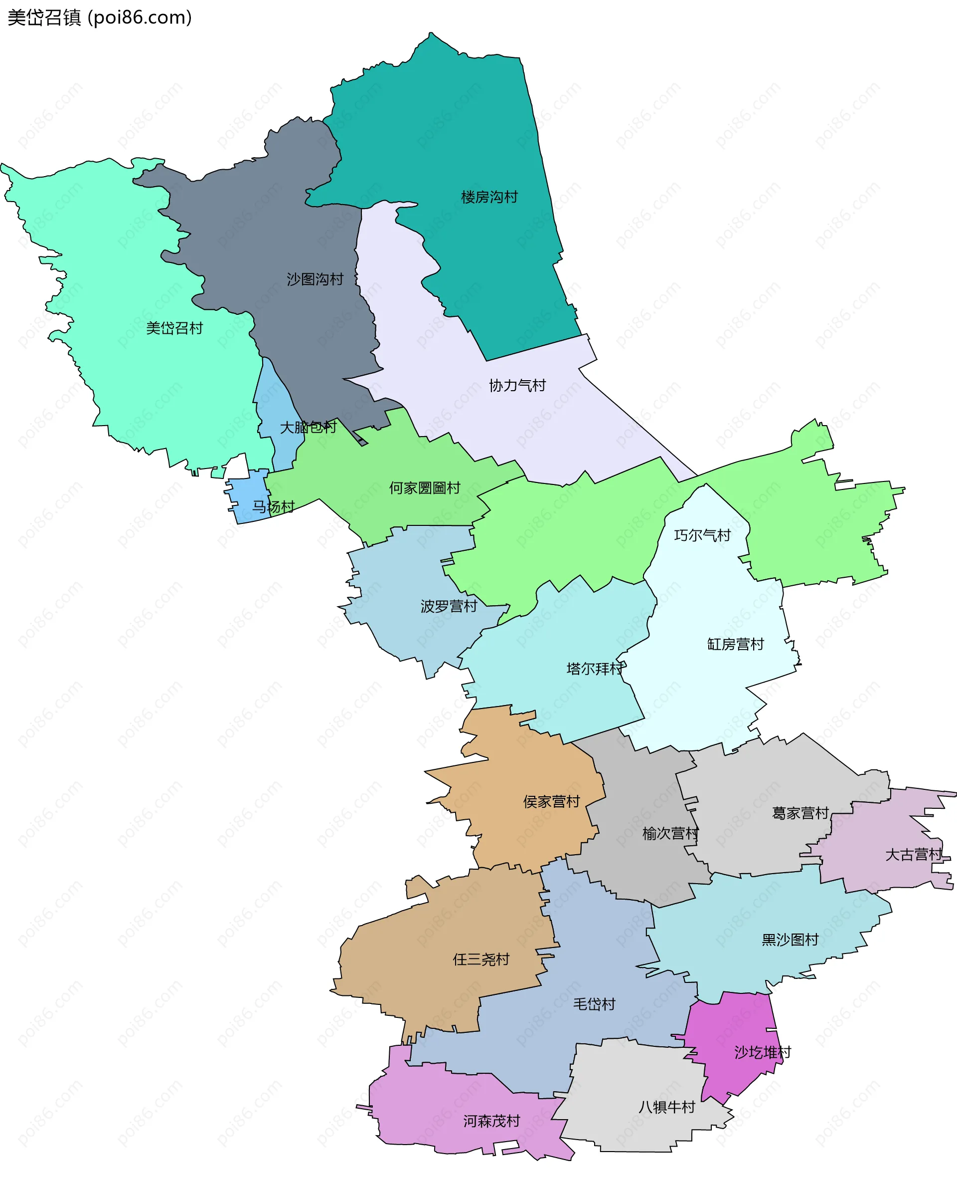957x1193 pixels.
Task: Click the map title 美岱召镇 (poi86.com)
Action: pyautogui.click(x=100, y=17)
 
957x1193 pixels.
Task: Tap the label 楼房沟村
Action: pyautogui.click(x=489, y=197)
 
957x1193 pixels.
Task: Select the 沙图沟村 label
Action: pyautogui.click(x=315, y=279)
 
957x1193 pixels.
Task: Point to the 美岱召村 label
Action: pyautogui.click(x=174, y=328)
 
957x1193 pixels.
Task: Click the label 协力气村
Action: pyautogui.click(x=517, y=385)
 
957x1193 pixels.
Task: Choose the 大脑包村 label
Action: pyautogui.click(x=308, y=427)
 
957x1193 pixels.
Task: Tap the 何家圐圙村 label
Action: pyautogui.click(x=424, y=487)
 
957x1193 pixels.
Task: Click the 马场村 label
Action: pyautogui.click(x=273, y=506)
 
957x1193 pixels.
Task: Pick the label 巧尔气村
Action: pyautogui.click(x=702, y=535)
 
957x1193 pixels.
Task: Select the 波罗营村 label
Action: pyautogui.click(x=449, y=606)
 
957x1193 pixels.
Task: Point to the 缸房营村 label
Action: pyautogui.click(x=735, y=644)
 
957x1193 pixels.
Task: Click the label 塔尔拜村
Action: pyautogui.click(x=595, y=669)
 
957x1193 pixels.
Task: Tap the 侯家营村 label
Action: pyautogui.click(x=551, y=801)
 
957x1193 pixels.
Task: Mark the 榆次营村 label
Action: pyautogui.click(x=670, y=833)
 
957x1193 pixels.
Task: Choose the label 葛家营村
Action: pyautogui.click(x=800, y=813)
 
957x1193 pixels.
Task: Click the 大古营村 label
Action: pyautogui.click(x=913, y=854)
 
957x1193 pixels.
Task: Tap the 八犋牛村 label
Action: pyautogui.click(x=666, y=1107)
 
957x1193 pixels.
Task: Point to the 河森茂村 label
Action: pyautogui.click(x=491, y=1121)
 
